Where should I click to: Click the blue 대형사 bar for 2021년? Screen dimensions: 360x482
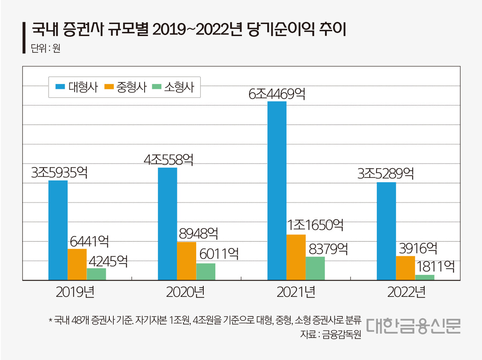277,190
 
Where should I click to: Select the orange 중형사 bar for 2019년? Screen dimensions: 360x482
77,264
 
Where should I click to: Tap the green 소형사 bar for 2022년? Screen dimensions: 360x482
424,278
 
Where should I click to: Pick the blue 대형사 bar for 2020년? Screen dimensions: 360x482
168,223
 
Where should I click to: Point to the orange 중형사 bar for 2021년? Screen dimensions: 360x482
296,257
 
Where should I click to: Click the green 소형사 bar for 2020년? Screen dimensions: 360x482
206,272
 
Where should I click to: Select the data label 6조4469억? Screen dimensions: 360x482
277,94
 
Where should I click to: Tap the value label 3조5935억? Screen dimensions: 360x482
59,173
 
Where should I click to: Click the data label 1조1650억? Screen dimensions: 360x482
315,225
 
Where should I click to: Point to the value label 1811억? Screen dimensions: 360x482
435,266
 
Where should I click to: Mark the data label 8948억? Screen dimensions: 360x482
198,234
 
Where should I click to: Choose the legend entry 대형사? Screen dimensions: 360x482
77,87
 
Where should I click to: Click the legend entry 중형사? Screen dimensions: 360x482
125,87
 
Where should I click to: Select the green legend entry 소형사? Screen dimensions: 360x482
173,87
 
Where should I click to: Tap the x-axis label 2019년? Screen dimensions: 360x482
75,292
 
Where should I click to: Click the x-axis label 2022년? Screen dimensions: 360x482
406,292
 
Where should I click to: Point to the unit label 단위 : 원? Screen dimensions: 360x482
46,48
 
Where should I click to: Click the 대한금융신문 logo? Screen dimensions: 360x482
413,326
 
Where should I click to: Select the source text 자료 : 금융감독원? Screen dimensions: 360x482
330,334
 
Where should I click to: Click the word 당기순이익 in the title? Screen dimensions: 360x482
281,29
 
